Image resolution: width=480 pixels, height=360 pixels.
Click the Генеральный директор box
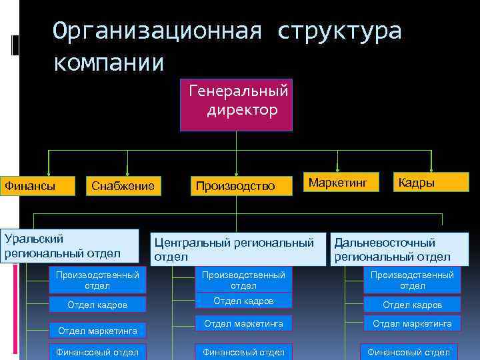(236, 105)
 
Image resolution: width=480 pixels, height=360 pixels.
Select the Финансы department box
(37, 185)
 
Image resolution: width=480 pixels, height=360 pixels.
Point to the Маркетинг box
(340, 181)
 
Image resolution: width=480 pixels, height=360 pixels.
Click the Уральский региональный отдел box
(69, 245)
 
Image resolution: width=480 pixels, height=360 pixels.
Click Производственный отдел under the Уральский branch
(97, 280)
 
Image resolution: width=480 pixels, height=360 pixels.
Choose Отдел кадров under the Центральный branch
(243, 301)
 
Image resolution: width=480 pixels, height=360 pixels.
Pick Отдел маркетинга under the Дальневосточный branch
(412, 324)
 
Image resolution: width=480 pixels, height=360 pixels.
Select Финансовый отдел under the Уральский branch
(97, 351)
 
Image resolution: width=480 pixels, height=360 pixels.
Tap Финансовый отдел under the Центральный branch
(243, 351)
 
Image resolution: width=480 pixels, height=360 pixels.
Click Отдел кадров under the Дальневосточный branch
(412, 305)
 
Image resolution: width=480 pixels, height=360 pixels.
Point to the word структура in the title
(340, 31)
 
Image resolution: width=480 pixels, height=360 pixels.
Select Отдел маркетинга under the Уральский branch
(97, 330)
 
